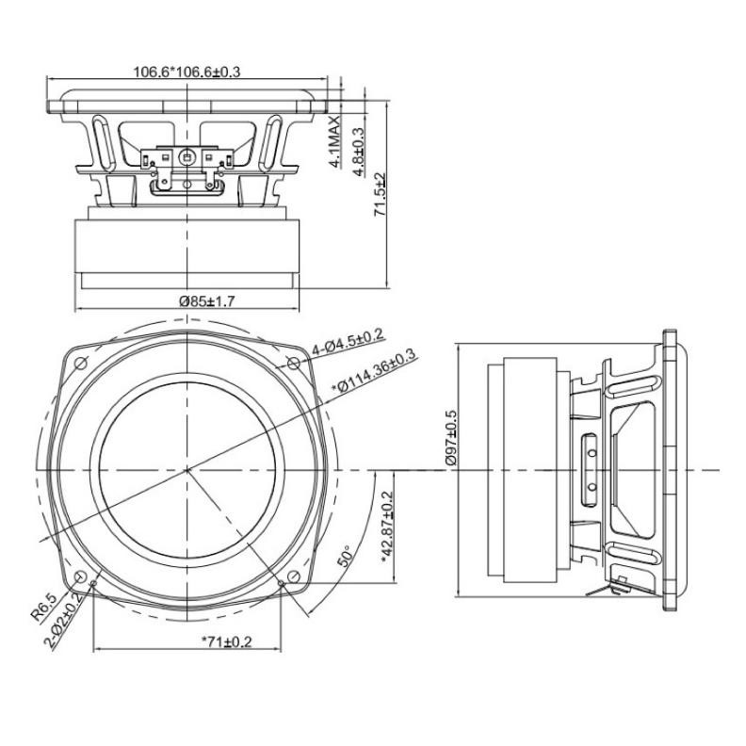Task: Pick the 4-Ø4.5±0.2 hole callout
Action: [x=348, y=340]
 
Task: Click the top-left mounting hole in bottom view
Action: [x=78, y=361]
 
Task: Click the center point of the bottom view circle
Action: [x=187, y=468]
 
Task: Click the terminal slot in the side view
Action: [x=591, y=468]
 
